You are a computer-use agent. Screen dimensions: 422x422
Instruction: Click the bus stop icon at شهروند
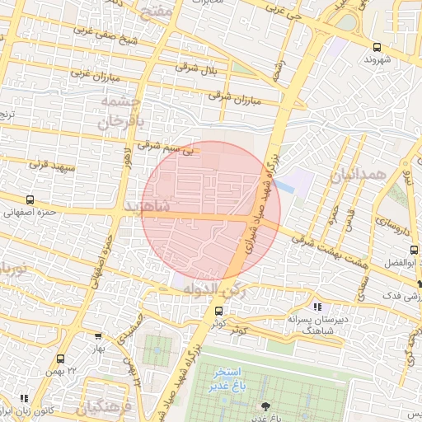377,47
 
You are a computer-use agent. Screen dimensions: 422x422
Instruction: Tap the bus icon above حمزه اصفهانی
30,199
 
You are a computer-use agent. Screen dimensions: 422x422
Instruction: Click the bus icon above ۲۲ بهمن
60,359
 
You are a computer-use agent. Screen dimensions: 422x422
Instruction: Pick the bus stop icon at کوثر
218,311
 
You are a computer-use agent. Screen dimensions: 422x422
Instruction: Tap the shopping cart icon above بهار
98,336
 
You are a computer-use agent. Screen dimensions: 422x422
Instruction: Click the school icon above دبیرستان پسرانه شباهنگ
318,307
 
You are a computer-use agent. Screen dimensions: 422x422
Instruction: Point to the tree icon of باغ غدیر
265,405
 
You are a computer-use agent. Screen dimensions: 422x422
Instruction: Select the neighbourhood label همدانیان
357,174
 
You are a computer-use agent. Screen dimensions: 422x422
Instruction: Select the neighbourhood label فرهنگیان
101,406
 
